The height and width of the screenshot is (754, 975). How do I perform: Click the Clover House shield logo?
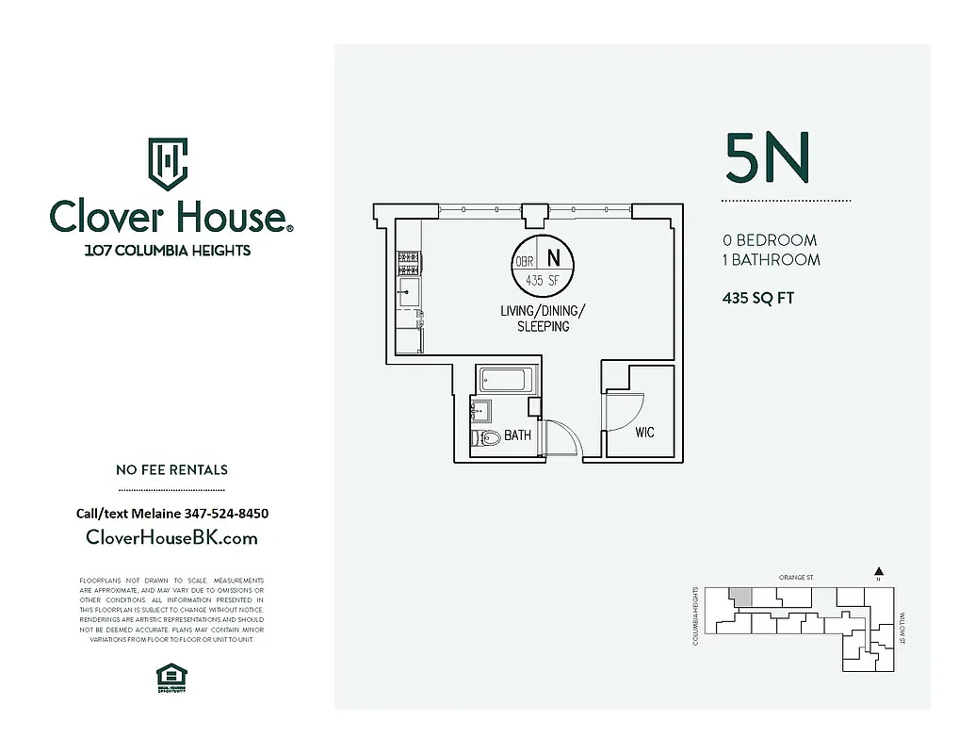169,164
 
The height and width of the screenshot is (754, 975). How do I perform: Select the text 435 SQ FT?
757,298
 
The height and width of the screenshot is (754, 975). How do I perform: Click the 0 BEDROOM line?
770,240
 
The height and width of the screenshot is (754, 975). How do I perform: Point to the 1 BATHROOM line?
771,260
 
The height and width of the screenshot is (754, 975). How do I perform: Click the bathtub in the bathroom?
508,381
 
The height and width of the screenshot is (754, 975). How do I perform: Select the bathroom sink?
480,410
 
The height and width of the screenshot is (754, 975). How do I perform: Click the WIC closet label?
644,433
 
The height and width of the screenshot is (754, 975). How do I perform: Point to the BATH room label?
517,435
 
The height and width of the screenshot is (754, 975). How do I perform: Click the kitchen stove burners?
408,257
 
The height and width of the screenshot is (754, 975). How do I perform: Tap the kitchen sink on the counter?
409,287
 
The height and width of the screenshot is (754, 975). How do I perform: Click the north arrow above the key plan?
878,571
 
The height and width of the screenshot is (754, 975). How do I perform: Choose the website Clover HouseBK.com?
171,538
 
